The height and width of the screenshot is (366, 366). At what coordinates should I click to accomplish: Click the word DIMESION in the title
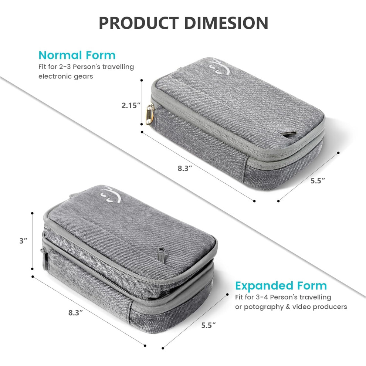pyautogui.click(x=226, y=23)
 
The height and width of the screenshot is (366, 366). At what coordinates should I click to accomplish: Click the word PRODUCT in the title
pyautogui.click(x=139, y=23)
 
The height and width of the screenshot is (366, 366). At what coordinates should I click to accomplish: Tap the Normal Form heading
pyautogui.click(x=77, y=55)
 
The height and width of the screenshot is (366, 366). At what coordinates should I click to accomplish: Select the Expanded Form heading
pyautogui.click(x=281, y=286)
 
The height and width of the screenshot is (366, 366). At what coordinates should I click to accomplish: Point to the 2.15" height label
pyautogui.click(x=131, y=105)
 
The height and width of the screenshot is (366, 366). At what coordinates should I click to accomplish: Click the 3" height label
pyautogui.click(x=23, y=241)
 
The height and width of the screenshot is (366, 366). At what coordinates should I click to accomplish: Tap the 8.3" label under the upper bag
pyautogui.click(x=185, y=168)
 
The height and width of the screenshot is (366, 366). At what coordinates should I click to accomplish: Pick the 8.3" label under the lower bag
pyautogui.click(x=75, y=312)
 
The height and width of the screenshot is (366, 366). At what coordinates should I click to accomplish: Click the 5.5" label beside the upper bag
pyautogui.click(x=318, y=180)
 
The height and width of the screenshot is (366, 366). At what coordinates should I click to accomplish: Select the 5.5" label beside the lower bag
pyautogui.click(x=209, y=325)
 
